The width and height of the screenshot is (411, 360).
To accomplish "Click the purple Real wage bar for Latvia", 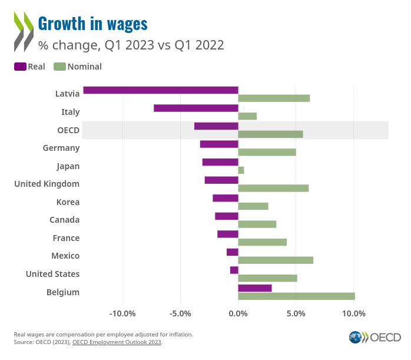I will (161, 90).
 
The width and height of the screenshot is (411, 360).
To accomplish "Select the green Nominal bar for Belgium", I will (296, 296).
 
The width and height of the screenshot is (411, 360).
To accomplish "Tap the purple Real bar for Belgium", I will (255, 288).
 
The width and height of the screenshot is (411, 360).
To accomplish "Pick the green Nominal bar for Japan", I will (241, 170).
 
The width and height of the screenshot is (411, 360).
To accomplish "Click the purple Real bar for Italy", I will (196, 108).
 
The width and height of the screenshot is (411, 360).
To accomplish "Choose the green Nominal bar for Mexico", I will (276, 260).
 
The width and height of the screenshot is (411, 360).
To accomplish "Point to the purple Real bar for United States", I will (234, 270).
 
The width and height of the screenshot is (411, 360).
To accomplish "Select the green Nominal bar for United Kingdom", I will (273, 189).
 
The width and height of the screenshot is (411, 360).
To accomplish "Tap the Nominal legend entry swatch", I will (59, 67).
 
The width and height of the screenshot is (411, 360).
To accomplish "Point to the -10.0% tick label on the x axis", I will (123, 313).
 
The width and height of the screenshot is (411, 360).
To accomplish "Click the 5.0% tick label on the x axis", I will (296, 313).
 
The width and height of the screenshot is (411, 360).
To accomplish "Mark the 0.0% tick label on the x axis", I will (238, 313).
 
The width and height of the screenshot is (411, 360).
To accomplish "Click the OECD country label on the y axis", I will (68, 130).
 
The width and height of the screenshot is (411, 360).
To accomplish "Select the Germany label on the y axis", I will (61, 148).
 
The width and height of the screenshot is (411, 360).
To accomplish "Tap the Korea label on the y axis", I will (68, 202).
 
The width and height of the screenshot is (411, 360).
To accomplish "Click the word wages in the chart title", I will (122, 24).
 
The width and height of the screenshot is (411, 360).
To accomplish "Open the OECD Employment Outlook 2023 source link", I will (117, 342).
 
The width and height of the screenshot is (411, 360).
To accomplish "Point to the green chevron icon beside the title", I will (24, 22).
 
